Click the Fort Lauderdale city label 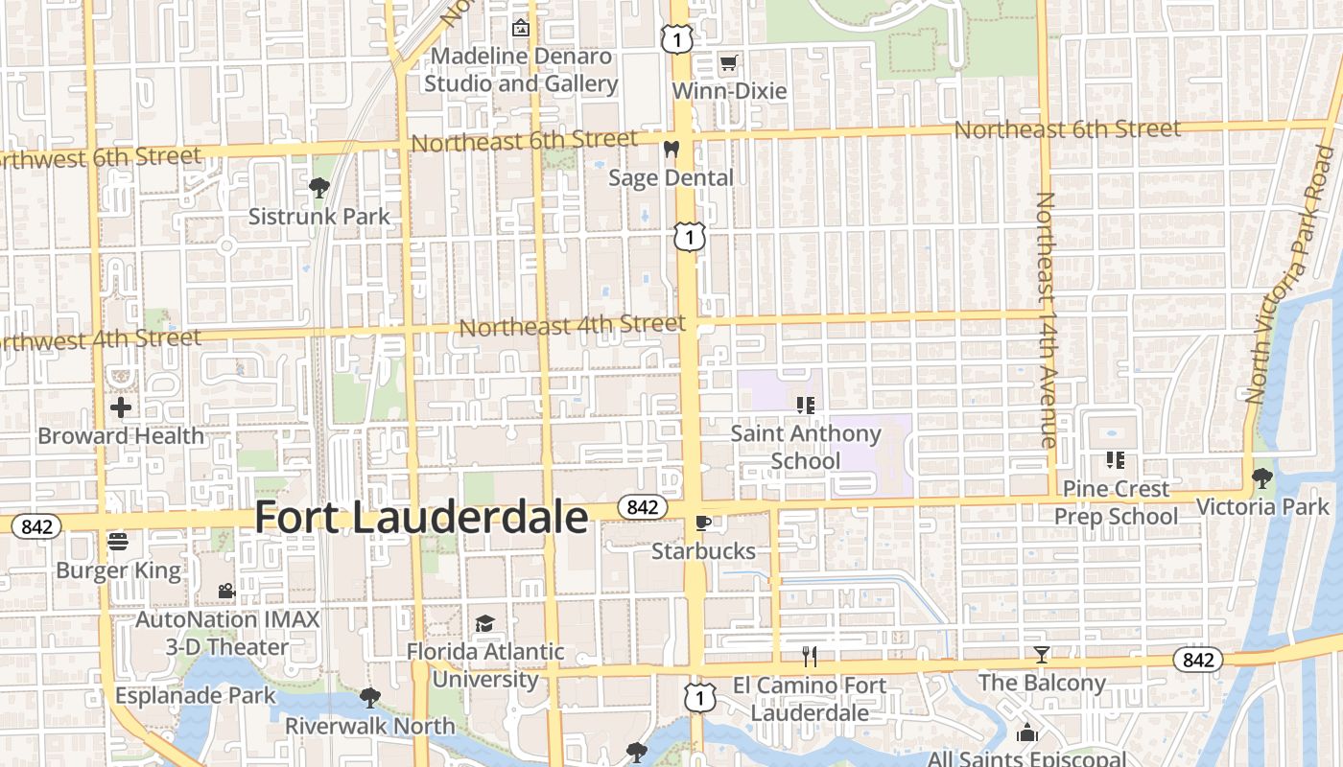(x=421, y=518)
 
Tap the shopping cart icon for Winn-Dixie (x=729, y=64)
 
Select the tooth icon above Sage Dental (x=671, y=150)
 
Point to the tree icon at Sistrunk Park (x=319, y=188)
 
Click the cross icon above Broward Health (x=121, y=408)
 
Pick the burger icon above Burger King (x=118, y=543)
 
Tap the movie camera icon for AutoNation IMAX (x=226, y=591)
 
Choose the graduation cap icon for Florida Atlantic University (x=484, y=624)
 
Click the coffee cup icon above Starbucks (x=703, y=523)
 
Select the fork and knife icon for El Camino (x=810, y=657)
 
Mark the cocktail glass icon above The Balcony (x=1042, y=655)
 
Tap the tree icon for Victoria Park (x=1261, y=477)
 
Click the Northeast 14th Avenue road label (x=1046, y=319)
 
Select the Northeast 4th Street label (x=572, y=326)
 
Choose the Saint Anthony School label (x=806, y=447)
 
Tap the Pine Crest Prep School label (x=1116, y=502)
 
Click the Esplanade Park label (x=196, y=695)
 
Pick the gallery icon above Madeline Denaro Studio (x=521, y=28)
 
